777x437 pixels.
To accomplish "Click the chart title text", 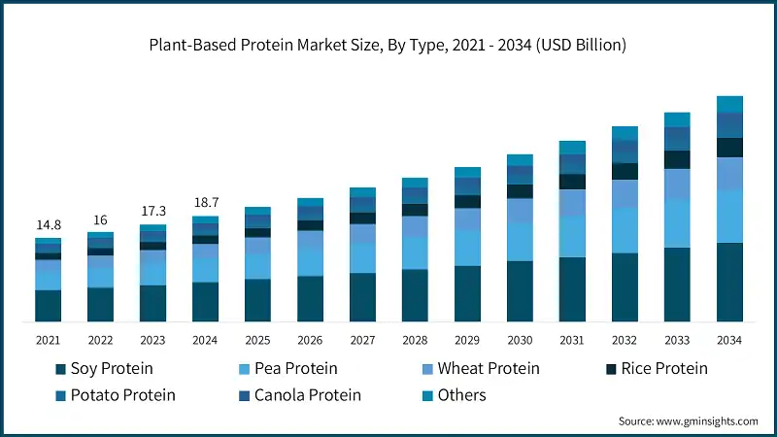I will pos(388,45).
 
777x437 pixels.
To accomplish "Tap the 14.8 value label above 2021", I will pos(48,225).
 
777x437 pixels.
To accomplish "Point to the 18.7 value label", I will pos(205,202).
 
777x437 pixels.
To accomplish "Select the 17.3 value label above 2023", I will pos(152,211).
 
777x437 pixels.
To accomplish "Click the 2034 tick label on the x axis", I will pos(729,339).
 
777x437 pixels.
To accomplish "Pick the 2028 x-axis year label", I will pos(415,339).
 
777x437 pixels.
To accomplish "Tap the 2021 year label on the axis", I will pos(48,339).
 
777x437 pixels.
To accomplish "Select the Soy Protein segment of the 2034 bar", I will pos(729,282).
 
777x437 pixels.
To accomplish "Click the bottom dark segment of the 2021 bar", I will pos(48,305).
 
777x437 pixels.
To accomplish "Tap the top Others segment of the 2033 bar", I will pos(677,119).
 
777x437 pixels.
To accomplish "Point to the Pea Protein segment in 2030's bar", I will pos(520,241).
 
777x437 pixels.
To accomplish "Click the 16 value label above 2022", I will pos(100,219).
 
